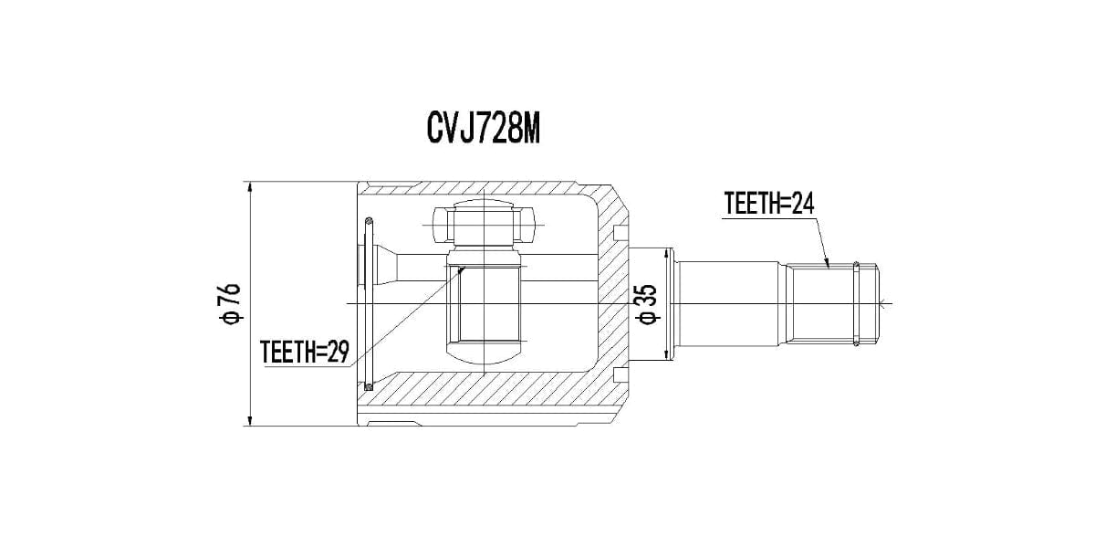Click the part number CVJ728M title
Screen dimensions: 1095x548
(x=483, y=129)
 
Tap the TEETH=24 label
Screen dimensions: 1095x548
(x=769, y=204)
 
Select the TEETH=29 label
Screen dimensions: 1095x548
(x=305, y=352)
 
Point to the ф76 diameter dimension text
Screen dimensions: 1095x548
(x=230, y=304)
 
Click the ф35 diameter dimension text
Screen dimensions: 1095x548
(x=648, y=304)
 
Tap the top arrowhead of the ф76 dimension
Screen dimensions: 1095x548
(x=250, y=188)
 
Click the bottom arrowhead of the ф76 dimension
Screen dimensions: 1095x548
(x=250, y=419)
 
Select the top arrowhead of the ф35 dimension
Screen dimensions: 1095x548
(x=666, y=255)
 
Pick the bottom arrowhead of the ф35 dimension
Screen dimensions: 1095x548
(x=666, y=353)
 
